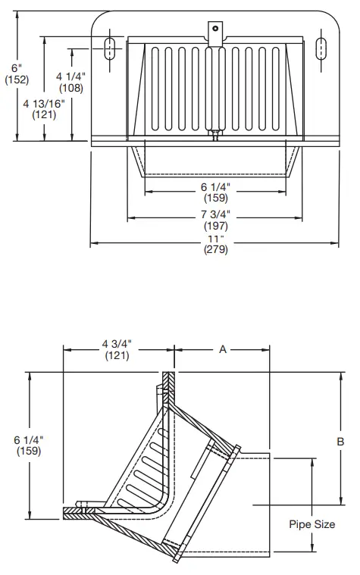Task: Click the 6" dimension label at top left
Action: coord(16,67)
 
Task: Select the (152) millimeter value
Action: coord(16,80)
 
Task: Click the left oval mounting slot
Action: coord(111,47)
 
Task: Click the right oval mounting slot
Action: coord(319,47)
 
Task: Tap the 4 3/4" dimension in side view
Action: coord(117,344)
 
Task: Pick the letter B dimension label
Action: coord(340,441)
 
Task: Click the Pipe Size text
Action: coord(311,523)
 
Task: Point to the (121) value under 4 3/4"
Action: coord(117,356)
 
